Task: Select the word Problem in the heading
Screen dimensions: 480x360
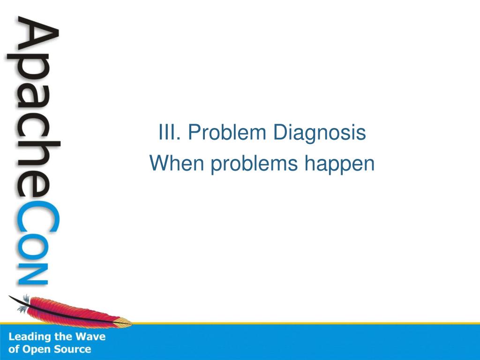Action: [x=227, y=132]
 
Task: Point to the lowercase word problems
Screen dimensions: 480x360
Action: [x=254, y=165]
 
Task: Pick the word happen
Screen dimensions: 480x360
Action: [x=339, y=165]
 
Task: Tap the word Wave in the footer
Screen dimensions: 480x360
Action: [x=90, y=337]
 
